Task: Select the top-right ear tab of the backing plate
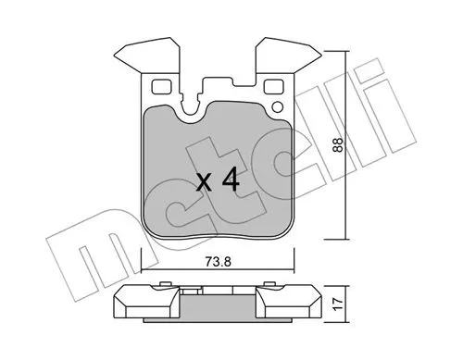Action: (x=291, y=54)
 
